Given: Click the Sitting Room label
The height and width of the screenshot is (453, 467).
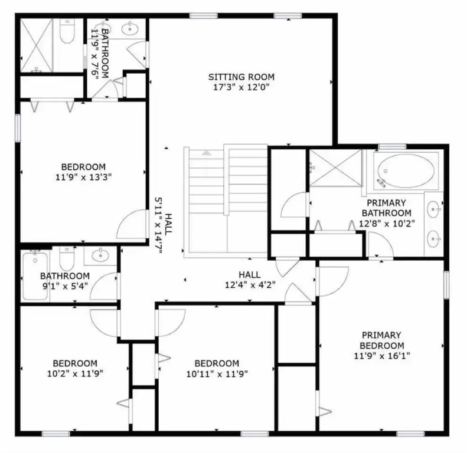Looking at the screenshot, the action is point(241,77).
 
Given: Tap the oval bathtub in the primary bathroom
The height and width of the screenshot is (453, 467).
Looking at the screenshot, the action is point(406,171).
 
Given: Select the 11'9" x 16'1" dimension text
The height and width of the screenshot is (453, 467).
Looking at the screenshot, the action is point(382,356).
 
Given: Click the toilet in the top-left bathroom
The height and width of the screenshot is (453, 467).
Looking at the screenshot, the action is point(67,31).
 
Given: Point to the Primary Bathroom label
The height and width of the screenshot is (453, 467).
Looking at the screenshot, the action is point(386,208).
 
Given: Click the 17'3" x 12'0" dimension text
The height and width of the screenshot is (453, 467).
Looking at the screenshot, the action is point(241,87).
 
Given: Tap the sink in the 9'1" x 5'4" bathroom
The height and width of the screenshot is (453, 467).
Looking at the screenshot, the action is point(100,255).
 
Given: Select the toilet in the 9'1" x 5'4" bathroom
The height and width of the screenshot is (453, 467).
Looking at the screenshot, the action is point(67,258).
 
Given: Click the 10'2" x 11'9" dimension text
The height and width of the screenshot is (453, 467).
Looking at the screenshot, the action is point(75,373).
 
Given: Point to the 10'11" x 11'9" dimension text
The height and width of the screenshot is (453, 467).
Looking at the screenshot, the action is point(217,373).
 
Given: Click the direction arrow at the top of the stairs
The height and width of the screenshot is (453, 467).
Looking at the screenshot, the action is point(207,153).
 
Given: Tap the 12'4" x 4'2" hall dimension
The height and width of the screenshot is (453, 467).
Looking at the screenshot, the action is point(250,285).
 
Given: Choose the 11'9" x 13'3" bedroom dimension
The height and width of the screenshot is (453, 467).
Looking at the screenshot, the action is point(83,177).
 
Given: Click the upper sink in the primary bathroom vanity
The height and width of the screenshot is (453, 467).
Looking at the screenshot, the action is point(433,209).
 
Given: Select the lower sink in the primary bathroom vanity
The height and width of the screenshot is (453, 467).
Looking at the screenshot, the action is point(433,239).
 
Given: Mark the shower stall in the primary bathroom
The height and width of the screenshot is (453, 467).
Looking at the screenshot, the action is point(335,168).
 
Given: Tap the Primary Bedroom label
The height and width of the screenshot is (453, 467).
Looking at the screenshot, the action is point(382,340).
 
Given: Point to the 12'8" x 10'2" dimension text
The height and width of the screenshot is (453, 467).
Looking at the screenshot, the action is point(387,224).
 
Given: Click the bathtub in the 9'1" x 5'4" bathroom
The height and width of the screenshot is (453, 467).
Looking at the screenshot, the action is point(35,275).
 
